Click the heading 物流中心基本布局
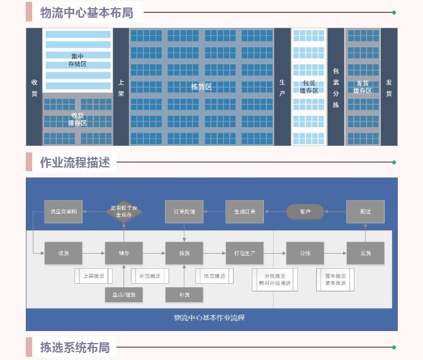(87, 13)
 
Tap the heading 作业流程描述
(75, 163)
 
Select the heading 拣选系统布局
(75, 347)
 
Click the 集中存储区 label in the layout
(77, 60)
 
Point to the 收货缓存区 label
(77, 119)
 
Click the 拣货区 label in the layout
(201, 87)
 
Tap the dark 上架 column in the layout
(121, 87)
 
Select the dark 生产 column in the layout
(283, 87)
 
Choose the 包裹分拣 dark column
(336, 87)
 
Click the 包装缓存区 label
(308, 87)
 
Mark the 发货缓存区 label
(363, 87)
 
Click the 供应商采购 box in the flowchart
(64, 211)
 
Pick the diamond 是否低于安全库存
(124, 211)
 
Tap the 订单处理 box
(184, 211)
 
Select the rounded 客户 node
(305, 211)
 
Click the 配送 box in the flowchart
(365, 211)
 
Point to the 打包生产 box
(245, 253)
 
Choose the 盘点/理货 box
(124, 294)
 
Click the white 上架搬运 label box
(93, 276)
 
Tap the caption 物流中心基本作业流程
(209, 318)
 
